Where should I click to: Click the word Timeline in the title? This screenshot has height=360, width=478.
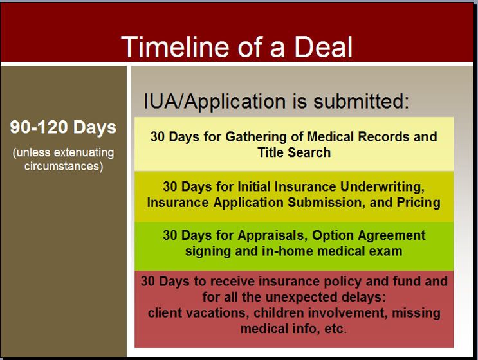(x=175, y=46)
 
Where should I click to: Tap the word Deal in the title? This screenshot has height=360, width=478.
(x=323, y=46)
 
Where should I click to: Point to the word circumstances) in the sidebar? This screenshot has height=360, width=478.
(x=64, y=166)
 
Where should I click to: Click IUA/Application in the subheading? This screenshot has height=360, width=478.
(x=215, y=101)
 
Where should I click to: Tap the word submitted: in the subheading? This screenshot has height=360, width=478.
(x=362, y=101)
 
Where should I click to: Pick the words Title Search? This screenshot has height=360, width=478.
(x=294, y=152)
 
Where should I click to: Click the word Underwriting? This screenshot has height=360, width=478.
(x=382, y=186)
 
